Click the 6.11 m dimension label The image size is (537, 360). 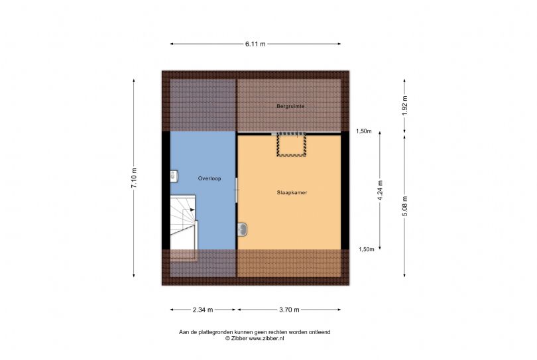click(255, 44)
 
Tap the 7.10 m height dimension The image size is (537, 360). click(134, 178)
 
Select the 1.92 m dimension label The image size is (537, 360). click(404, 105)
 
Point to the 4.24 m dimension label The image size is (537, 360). click(380, 190)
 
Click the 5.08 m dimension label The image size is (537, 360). click(404, 206)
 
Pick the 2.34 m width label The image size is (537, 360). click(203, 310)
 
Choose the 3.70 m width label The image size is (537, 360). click(289, 310)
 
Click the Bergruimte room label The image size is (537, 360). click(290, 106)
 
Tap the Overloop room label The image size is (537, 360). click(209, 178)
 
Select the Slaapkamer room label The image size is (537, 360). click(292, 192)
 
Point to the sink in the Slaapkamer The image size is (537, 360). click(242, 229)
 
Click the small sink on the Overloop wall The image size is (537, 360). click(174, 176)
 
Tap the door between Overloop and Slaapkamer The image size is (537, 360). click(236, 190)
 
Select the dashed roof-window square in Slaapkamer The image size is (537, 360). click(291, 145)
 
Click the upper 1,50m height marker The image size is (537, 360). click(364, 131)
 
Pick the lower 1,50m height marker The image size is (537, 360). click(366, 249)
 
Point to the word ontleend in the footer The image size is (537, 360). click(320, 332)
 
